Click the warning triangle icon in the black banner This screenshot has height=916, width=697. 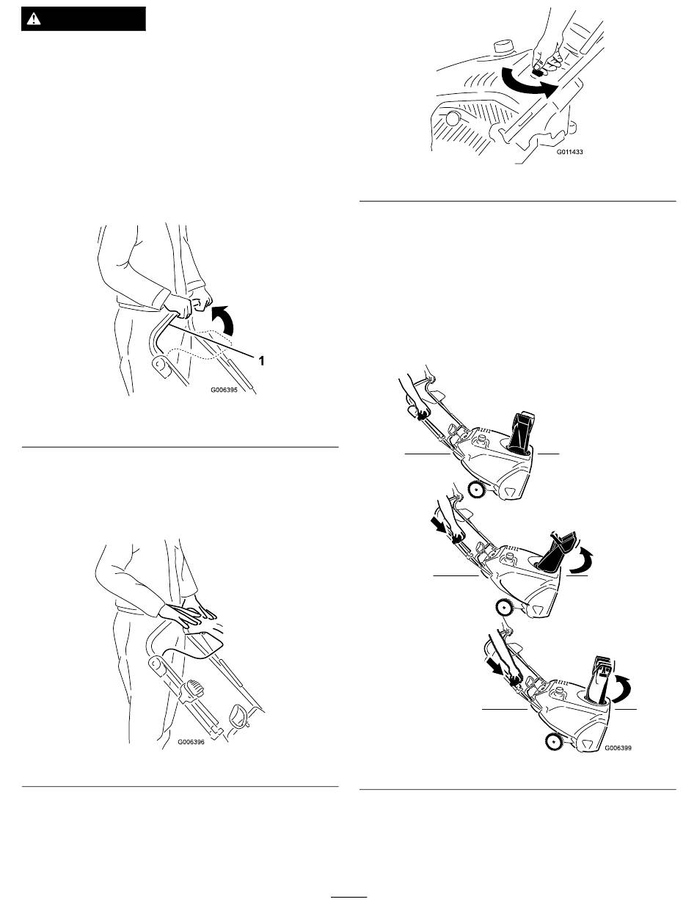(x=33, y=19)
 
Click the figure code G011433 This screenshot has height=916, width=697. (x=569, y=152)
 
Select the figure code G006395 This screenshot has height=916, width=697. (x=224, y=390)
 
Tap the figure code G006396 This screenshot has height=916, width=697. (x=191, y=742)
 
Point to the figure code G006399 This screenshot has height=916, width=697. (x=618, y=748)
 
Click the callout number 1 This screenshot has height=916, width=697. (x=261, y=360)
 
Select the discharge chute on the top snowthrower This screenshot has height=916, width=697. (x=521, y=432)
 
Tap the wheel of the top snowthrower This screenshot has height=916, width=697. (x=475, y=489)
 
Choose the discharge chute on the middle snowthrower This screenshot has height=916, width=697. (x=555, y=551)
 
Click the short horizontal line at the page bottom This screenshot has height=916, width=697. (x=348, y=896)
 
